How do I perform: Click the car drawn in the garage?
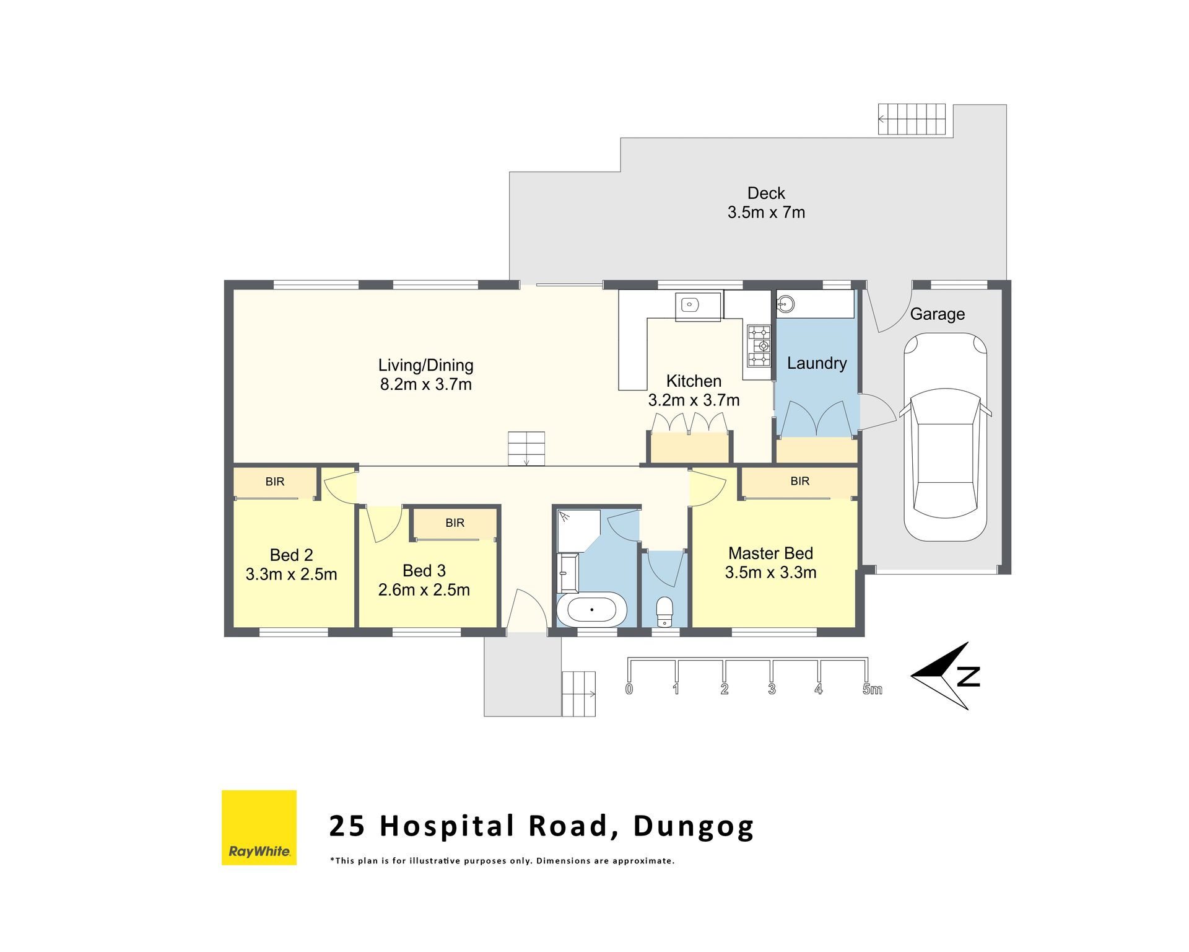click(945, 437)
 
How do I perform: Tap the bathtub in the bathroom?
click(591, 610)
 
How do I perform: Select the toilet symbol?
click(664, 612)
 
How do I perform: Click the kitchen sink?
click(690, 305)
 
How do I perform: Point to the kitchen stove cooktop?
click(759, 346)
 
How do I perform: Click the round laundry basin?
click(786, 304)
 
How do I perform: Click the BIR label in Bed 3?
click(455, 523)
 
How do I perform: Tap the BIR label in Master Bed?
click(799, 481)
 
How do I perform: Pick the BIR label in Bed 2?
click(275, 482)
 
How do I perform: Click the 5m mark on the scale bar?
click(872, 689)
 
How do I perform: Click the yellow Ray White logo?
click(259, 827)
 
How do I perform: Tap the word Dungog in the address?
click(693, 827)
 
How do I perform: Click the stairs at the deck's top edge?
click(912, 119)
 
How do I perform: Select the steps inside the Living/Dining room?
click(526, 449)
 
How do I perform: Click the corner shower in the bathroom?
click(578, 531)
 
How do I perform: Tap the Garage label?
click(937, 314)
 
